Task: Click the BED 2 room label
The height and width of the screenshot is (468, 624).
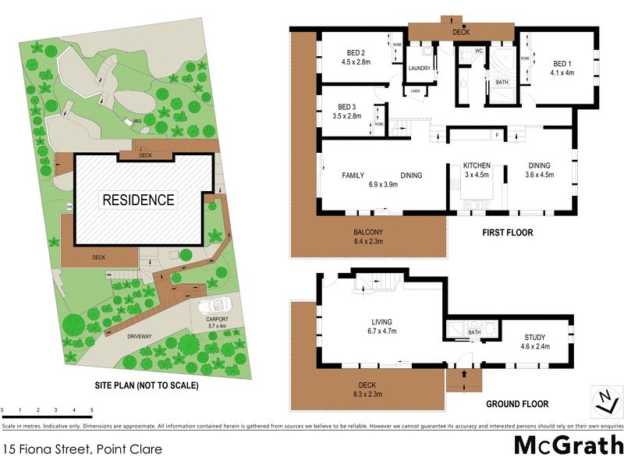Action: (356, 53)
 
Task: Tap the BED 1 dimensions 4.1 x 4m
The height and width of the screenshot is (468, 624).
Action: (562, 73)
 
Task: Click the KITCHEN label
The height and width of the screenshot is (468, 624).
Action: (476, 165)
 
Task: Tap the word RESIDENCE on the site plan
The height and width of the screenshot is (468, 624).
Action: (138, 200)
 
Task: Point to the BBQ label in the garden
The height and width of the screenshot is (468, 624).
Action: (136, 122)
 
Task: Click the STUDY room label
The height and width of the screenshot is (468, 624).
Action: (534, 338)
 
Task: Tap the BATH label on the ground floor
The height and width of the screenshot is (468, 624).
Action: (473, 333)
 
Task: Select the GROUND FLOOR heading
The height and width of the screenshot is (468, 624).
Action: (516, 404)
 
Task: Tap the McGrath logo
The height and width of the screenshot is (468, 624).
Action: (568, 445)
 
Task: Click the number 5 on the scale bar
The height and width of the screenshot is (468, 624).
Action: (92, 409)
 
